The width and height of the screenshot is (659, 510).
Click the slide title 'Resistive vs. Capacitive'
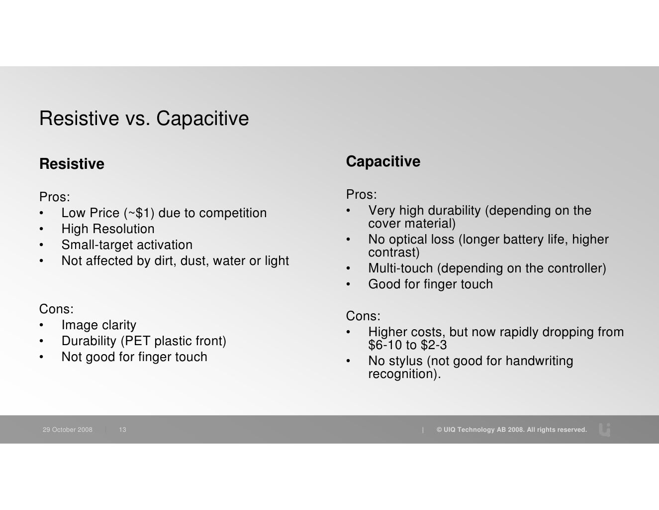tap(144, 119)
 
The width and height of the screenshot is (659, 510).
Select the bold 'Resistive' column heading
tap(72, 164)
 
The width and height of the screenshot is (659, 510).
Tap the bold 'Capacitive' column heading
tap(383, 161)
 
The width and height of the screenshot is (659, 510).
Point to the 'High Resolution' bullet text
tap(108, 229)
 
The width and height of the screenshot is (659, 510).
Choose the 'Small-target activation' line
tap(127, 245)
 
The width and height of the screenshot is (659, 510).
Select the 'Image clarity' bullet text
tap(98, 325)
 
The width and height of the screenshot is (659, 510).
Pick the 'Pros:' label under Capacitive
tap(362, 194)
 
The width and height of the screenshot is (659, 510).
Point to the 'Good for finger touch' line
tap(430, 284)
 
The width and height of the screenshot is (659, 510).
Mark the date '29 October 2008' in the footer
tap(68, 430)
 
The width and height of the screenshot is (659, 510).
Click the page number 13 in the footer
tap(122, 430)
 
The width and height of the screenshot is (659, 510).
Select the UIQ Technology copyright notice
tap(511, 430)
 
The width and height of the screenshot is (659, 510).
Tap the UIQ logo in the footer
tap(605, 429)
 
